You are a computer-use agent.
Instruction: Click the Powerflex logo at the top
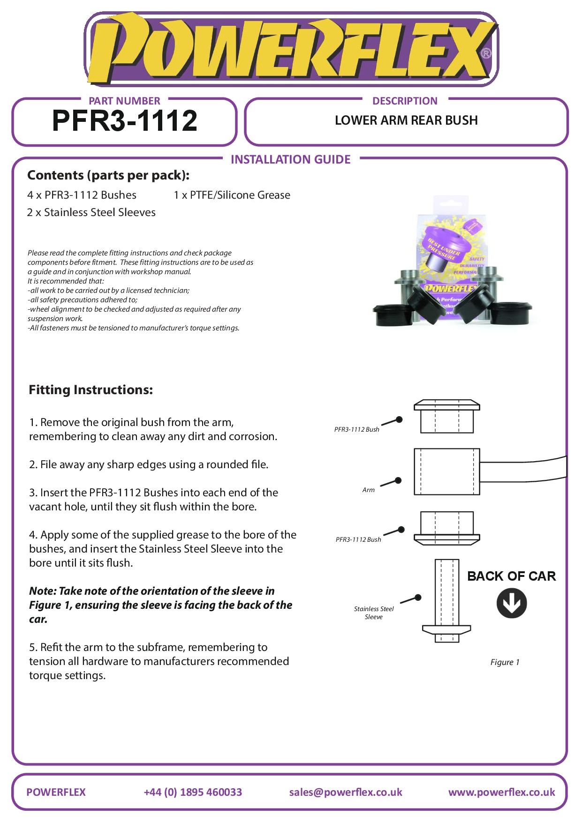tap(291, 50)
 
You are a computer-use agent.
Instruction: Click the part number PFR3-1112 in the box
tap(125, 121)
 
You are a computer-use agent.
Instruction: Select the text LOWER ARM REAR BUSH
tap(406, 120)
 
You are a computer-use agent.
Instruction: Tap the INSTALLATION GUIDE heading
tap(290, 160)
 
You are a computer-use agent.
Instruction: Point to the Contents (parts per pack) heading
tap(108, 175)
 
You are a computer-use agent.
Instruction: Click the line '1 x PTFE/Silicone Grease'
tap(232, 195)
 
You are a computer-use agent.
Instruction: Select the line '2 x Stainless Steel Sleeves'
tap(91, 212)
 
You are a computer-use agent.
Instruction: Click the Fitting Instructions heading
tap(91, 390)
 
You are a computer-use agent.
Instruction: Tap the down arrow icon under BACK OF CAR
tap(511, 603)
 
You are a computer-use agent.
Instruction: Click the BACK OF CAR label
tap(511, 576)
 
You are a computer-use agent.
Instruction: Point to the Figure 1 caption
tap(505, 662)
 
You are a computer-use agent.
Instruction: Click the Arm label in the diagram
tap(369, 490)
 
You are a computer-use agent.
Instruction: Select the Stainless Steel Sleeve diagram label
tap(374, 613)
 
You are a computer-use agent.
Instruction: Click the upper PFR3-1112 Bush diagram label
tap(357, 429)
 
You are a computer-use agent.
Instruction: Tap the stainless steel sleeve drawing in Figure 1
tap(446, 600)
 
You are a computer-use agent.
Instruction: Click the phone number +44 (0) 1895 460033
tap(193, 792)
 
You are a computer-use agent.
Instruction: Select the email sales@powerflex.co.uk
tap(346, 792)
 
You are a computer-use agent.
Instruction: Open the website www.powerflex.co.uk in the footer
tap(501, 792)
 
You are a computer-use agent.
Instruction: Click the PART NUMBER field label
tap(124, 101)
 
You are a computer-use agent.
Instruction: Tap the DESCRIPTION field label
tap(405, 101)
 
